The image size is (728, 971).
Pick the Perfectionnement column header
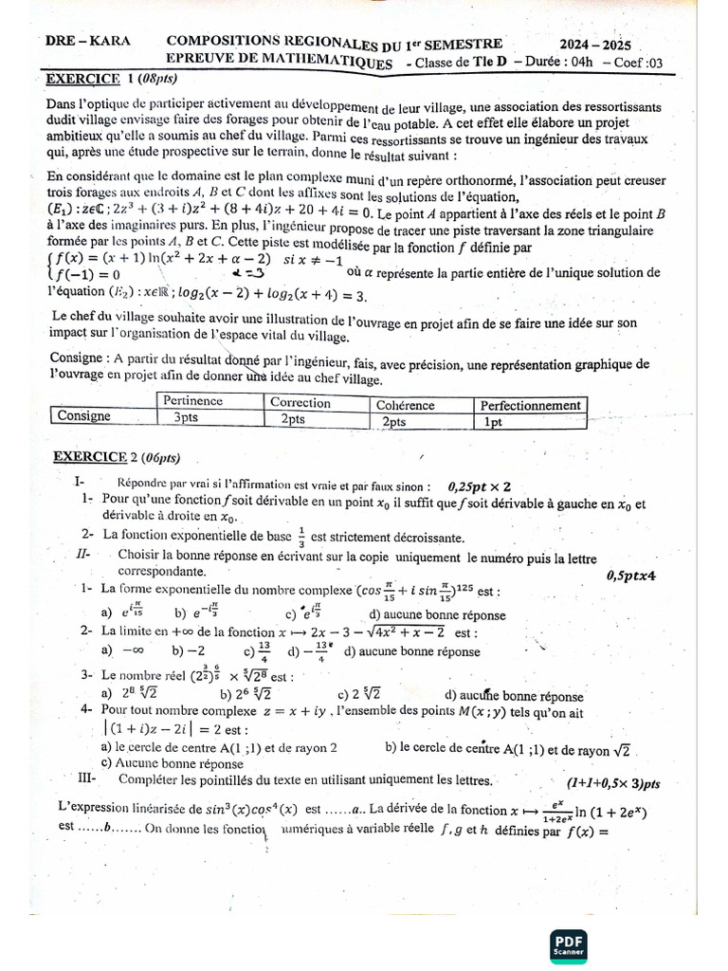pyautogui.click(x=530, y=405)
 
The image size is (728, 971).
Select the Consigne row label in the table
pyautogui.click(x=84, y=416)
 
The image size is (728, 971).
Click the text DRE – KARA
pyautogui.click(x=89, y=43)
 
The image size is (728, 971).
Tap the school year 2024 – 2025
pyautogui.click(x=594, y=45)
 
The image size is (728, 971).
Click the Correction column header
pyautogui.click(x=300, y=402)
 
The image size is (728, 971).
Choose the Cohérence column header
pyautogui.click(x=406, y=405)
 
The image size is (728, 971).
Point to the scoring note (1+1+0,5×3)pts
pyautogui.click(x=612, y=783)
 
